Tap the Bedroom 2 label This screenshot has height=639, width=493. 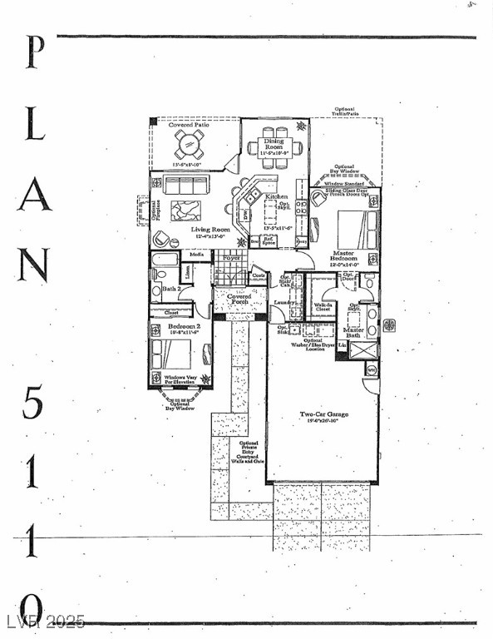[183, 327]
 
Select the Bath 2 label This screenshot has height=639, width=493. [171, 288]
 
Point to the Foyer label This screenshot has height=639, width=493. [231, 260]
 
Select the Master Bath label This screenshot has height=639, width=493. [353, 333]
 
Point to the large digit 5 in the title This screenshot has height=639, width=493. [32, 404]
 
